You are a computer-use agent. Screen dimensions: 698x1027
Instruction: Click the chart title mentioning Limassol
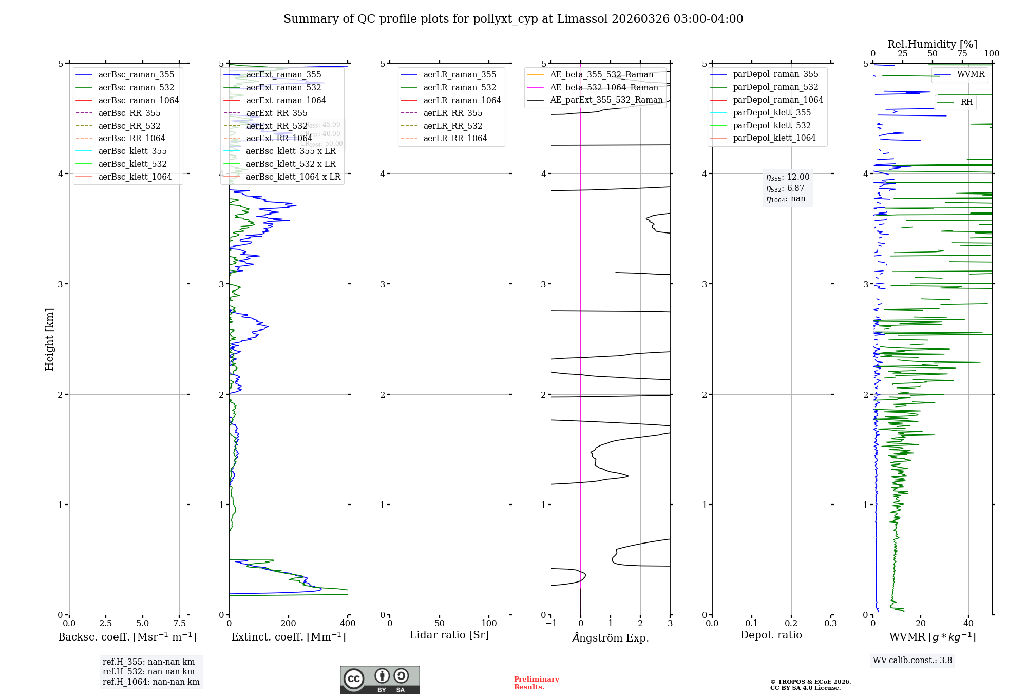[x=513, y=19]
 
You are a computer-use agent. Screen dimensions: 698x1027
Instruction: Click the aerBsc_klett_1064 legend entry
[x=135, y=177]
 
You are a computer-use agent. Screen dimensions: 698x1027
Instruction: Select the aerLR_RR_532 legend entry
[x=452, y=126]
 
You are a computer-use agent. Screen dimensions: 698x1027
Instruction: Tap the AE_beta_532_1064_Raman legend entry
[x=604, y=87]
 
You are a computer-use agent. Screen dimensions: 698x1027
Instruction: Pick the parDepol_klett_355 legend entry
[x=771, y=112]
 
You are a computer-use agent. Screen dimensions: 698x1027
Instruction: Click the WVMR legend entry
[x=970, y=74]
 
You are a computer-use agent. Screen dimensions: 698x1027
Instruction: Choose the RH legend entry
[x=966, y=102]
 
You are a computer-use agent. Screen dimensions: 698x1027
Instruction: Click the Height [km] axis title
[x=49, y=339]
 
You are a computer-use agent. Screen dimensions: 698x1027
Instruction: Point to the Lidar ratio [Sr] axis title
[x=449, y=635]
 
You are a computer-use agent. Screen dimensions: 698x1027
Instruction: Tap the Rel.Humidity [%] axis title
[x=932, y=44]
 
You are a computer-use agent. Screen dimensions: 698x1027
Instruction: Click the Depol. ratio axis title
[x=771, y=635]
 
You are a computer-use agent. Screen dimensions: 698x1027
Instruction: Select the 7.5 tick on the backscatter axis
[x=179, y=624]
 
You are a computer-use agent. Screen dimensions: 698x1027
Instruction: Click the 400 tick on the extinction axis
[x=348, y=624]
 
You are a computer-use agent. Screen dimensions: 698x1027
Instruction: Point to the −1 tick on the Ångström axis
[x=551, y=624]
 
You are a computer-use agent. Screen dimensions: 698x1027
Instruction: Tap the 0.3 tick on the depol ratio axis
[x=830, y=624]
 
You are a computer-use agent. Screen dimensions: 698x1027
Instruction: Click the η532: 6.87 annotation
[x=785, y=188]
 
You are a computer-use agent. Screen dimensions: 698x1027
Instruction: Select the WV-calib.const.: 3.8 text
[x=912, y=661]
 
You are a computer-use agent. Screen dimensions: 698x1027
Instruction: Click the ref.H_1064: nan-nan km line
[x=151, y=682]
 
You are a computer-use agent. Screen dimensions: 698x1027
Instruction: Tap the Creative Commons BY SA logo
[x=379, y=680]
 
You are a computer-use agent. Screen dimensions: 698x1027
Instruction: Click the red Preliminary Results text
[x=536, y=683]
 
